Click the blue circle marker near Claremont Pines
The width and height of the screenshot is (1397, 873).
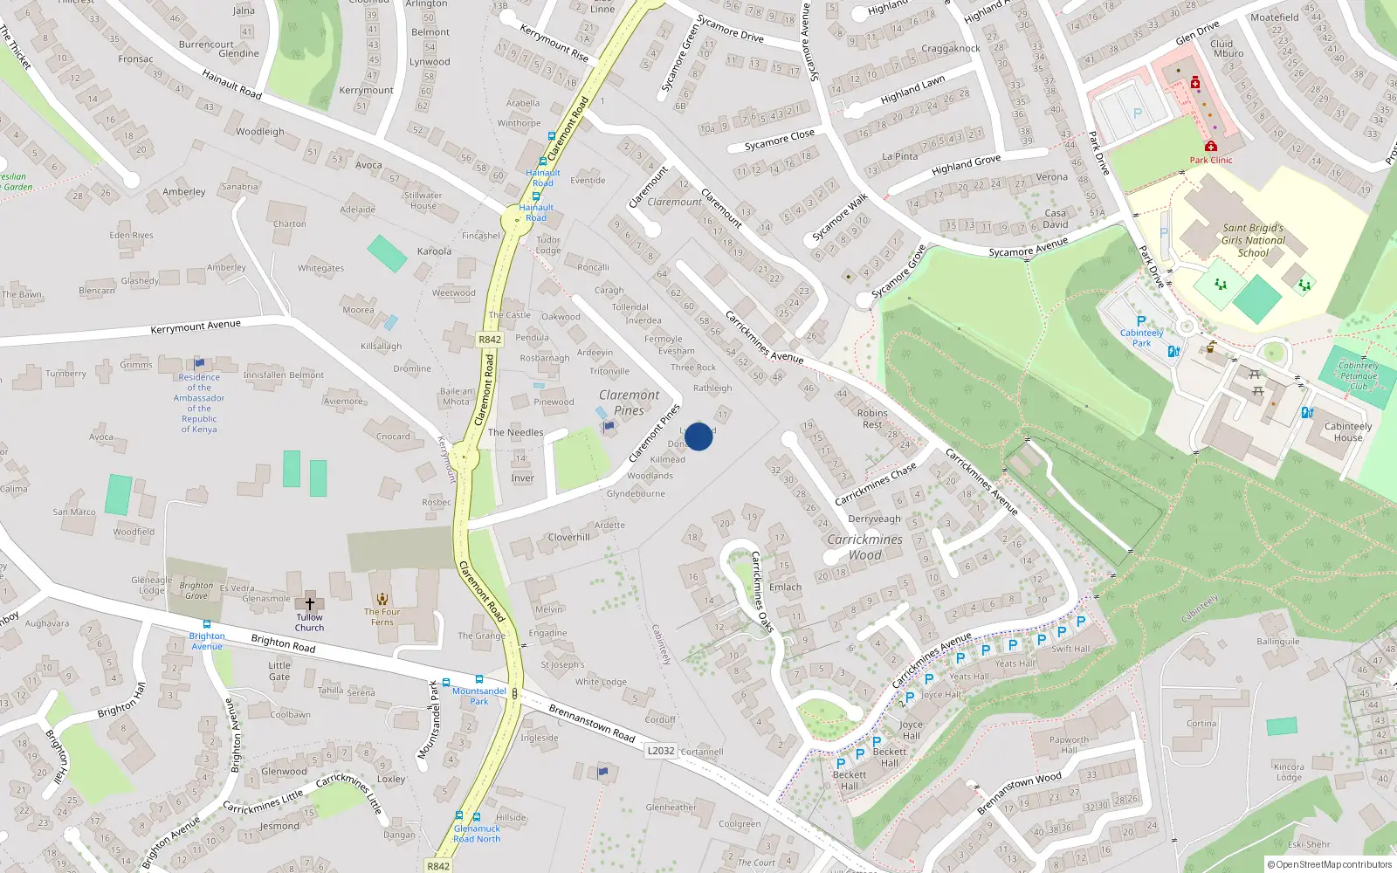698,436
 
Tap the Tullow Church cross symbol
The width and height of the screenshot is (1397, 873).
309,603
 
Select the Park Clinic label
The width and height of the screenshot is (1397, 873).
1211,160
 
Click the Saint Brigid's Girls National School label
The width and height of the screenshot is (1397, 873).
1253,240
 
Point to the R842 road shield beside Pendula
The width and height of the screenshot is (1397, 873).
490,340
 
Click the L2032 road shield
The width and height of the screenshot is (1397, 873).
661,751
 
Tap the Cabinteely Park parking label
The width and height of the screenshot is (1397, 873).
1141,338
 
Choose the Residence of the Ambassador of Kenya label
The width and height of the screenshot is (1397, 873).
199,402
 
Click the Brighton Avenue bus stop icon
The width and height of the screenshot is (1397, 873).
207,625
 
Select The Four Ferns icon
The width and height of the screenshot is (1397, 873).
382,599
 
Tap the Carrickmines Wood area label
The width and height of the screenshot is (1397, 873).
864,546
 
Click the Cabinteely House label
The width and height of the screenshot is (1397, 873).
1347,431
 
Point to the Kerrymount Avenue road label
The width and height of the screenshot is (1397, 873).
196,327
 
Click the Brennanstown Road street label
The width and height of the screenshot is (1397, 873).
592,723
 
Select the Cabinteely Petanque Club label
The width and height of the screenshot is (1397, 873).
1359,375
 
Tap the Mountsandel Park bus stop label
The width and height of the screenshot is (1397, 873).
478,696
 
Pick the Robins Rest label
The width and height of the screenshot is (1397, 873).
872,418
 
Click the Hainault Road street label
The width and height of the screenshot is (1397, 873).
231,84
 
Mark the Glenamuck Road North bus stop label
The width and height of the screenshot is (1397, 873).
477,834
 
